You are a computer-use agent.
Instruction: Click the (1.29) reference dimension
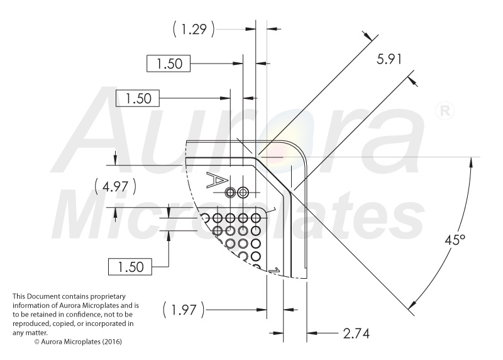click(x=194, y=29)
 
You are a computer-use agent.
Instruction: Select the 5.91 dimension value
click(x=389, y=59)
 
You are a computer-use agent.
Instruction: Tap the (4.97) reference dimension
click(x=115, y=186)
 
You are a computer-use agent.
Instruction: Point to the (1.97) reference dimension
click(x=184, y=310)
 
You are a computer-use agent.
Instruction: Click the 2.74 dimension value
click(x=356, y=334)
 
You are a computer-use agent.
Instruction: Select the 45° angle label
click(x=455, y=240)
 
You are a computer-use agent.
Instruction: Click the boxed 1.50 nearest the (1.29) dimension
click(x=169, y=64)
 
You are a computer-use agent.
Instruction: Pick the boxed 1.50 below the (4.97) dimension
click(x=130, y=267)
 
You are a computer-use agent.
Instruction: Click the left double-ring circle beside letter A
click(x=230, y=193)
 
